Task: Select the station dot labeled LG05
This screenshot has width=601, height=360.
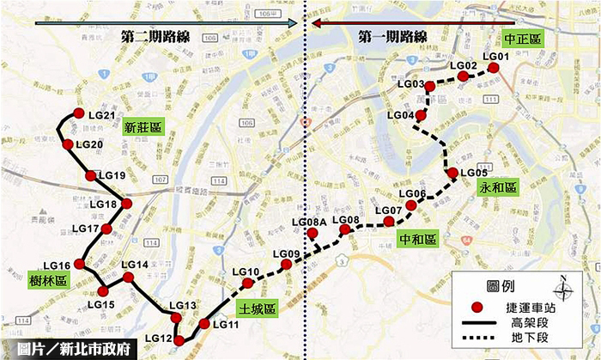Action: pos(453,173)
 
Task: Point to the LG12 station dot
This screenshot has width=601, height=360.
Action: pos(179,341)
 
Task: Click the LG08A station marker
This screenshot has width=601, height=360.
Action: pos(313,234)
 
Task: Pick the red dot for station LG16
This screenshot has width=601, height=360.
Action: pos(79,264)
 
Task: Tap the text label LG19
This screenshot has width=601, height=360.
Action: pos(112,176)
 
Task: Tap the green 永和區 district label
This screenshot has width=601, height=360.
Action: pos(498,187)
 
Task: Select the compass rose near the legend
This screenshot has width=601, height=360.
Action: pos(563,287)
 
